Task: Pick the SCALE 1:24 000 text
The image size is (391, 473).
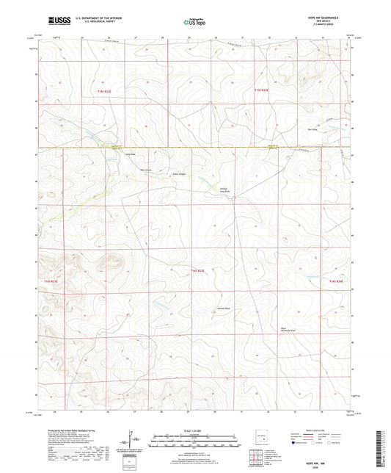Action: tap(195, 430)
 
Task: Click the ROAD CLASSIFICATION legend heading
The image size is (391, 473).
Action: tap(320, 430)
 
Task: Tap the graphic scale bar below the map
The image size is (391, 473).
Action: tap(195, 442)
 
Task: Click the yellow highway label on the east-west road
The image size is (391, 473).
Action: tap(114, 148)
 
